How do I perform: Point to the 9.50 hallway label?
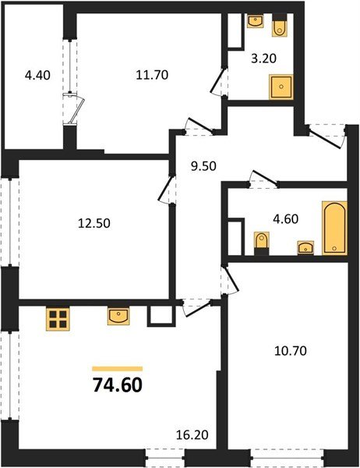click(x=205, y=165)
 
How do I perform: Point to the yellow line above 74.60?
click(x=117, y=368)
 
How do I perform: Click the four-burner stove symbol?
click(x=58, y=318)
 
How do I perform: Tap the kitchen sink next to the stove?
click(x=119, y=316)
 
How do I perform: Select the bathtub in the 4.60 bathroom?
click(x=334, y=227)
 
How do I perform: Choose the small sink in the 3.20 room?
click(x=255, y=22)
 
